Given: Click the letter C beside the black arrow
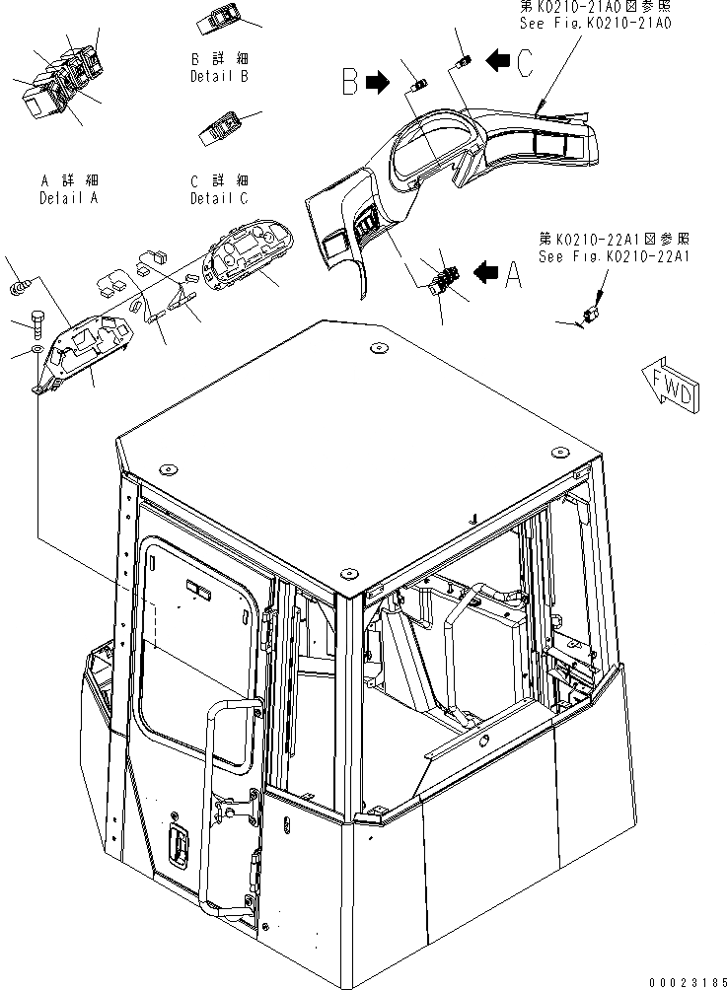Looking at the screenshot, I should click(524, 64).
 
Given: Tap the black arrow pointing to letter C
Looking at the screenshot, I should click(497, 62).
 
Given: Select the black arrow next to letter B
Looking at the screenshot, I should click(377, 84).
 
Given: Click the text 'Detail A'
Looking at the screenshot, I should click(69, 197).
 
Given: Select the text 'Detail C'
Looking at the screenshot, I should click(219, 197).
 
